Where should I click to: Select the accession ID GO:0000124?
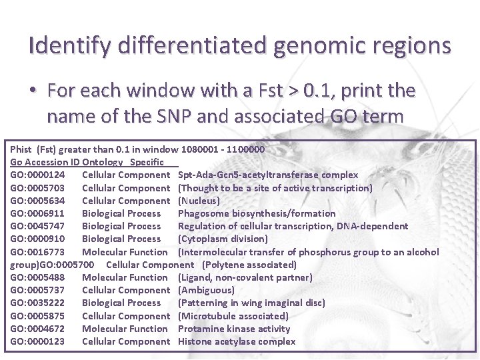(x=42, y=175)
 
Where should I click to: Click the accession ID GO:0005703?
(x=42, y=188)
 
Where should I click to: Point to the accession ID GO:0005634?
(x=42, y=201)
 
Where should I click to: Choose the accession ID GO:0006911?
(x=42, y=213)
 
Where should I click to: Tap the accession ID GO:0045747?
(x=42, y=226)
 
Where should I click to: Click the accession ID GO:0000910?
(x=42, y=239)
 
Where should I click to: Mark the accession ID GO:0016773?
(x=42, y=252)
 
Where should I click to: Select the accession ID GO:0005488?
(x=42, y=277)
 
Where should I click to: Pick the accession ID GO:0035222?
(x=42, y=303)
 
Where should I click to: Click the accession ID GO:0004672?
(x=42, y=329)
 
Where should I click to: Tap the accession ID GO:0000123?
(x=42, y=341)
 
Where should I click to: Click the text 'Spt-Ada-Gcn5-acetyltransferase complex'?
(x=268, y=175)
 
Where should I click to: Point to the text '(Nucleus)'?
(x=199, y=201)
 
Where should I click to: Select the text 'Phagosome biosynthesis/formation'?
(x=257, y=213)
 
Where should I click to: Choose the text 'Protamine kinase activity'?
(x=234, y=329)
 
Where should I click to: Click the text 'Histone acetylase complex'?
(x=237, y=341)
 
